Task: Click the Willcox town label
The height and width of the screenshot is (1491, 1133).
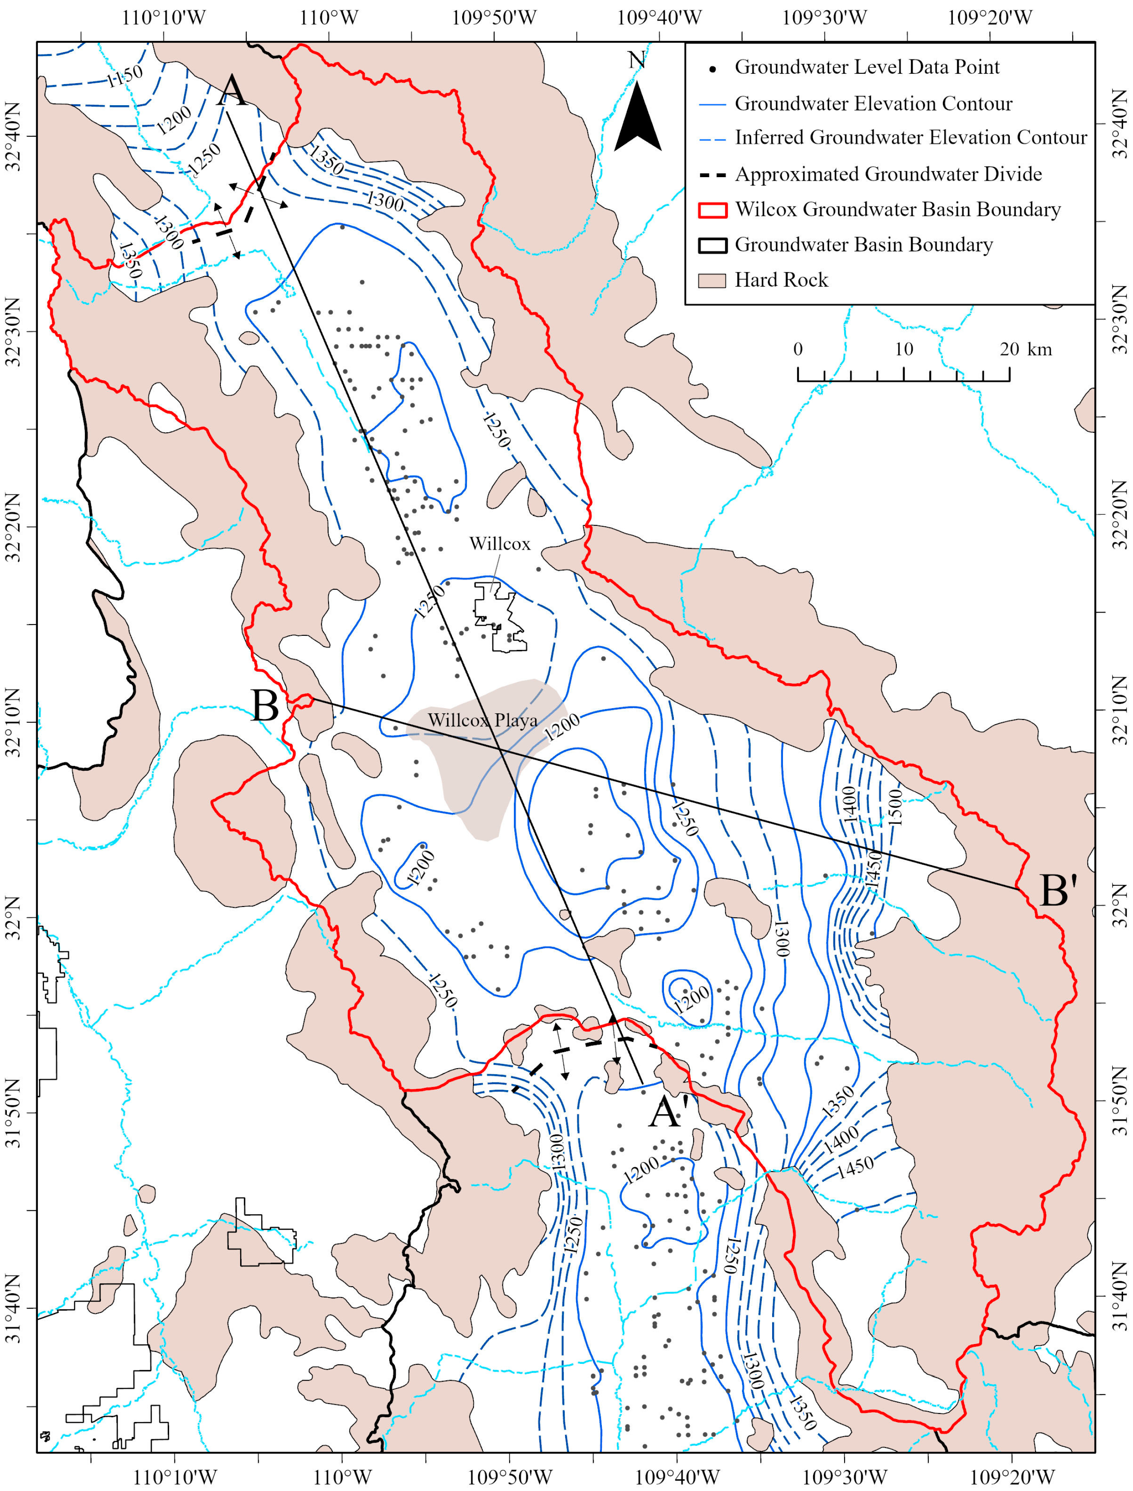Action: click(499, 544)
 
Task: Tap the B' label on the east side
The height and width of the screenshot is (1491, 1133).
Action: click(1058, 891)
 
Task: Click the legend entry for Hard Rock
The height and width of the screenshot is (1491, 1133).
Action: click(781, 280)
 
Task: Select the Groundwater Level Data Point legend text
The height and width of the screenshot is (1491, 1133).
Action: click(867, 67)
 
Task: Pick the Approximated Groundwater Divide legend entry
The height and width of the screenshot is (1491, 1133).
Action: click(888, 174)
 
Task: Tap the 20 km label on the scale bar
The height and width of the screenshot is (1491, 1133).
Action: click(1025, 349)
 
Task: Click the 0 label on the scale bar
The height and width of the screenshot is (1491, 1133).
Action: click(798, 349)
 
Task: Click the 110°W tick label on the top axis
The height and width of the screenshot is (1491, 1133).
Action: click(329, 18)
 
